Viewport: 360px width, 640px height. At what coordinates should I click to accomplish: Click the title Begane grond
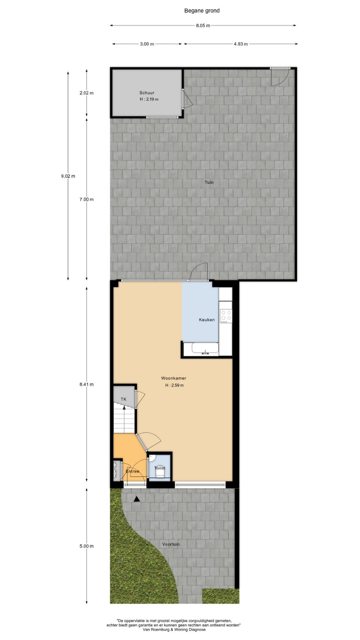click(x=202, y=11)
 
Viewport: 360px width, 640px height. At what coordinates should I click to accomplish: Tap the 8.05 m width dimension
click(x=203, y=25)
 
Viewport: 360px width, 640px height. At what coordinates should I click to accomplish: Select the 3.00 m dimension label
click(x=147, y=44)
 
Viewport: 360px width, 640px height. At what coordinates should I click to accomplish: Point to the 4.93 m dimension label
click(x=241, y=44)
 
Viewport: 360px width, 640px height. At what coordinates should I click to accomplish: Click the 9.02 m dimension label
click(x=68, y=176)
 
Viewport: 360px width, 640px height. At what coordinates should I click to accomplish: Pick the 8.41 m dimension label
click(x=87, y=384)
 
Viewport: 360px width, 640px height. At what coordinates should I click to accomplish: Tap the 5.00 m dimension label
click(x=87, y=546)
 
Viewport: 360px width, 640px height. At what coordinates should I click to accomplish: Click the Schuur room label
click(x=147, y=93)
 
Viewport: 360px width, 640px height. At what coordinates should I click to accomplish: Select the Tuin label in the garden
click(x=209, y=182)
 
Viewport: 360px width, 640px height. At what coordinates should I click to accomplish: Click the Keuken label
click(x=207, y=320)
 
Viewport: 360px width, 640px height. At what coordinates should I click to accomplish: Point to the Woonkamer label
click(x=173, y=378)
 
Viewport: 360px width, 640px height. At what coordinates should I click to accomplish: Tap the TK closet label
click(x=123, y=399)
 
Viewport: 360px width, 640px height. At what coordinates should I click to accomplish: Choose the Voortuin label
click(x=171, y=544)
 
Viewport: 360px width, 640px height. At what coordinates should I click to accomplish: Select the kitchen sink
click(x=205, y=348)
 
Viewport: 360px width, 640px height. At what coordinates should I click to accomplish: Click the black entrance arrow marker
click(x=137, y=499)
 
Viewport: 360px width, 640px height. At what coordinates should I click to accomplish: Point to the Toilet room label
click(x=160, y=468)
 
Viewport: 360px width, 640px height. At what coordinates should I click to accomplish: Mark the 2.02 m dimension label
click(x=87, y=93)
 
